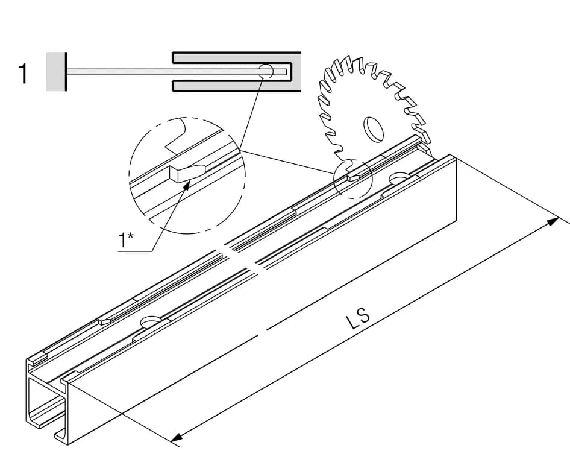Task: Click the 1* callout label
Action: click(x=126, y=240)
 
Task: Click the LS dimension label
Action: click(x=358, y=318)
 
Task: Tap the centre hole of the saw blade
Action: click(x=374, y=129)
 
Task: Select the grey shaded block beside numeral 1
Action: click(x=55, y=72)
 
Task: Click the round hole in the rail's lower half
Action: click(x=151, y=321)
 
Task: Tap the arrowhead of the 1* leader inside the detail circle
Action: click(x=187, y=185)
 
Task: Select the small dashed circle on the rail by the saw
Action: click(x=352, y=179)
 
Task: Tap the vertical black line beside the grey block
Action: click(x=66, y=72)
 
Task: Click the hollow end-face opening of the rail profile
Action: click(x=45, y=401)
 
